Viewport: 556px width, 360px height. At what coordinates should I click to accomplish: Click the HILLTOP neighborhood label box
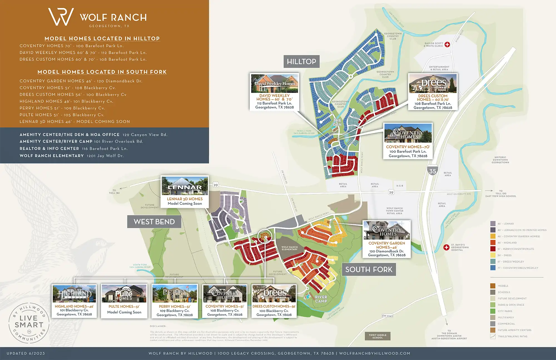coord(301,61)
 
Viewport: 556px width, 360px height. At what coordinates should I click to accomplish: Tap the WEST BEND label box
coord(154,222)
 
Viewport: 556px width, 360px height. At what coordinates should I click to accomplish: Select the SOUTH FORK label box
coord(369,269)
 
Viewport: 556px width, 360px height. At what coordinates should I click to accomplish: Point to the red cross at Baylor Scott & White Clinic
coord(447,45)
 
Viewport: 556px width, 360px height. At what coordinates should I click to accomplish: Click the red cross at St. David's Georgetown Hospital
coord(446,247)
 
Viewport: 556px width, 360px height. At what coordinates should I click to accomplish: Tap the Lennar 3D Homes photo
coord(185,186)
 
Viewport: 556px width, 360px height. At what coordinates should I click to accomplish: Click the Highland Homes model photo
coord(74,294)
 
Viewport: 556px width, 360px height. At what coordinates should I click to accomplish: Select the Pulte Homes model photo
coord(124,294)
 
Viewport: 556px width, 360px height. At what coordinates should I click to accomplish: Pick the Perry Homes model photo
coord(175,294)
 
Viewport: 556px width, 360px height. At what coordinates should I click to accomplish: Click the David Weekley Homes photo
coord(275,83)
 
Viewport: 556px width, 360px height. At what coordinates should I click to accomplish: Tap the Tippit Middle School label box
coord(378,336)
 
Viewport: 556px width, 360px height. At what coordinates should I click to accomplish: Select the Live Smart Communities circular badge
coord(29,323)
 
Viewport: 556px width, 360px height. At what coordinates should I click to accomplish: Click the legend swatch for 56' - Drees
coord(493,255)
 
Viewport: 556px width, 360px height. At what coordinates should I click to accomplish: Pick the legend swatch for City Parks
coord(493,311)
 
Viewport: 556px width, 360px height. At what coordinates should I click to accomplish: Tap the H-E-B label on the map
coord(399,186)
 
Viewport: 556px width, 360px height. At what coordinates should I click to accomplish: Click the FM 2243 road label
coord(388,316)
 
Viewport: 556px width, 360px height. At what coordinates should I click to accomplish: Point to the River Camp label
coord(321,299)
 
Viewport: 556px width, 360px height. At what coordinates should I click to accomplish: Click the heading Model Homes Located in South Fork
coord(102,72)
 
